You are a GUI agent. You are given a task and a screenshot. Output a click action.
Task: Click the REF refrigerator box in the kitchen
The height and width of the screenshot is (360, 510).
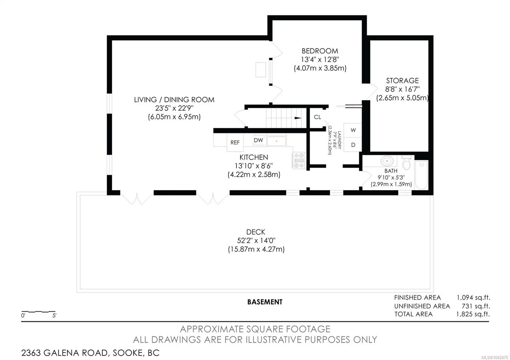[235, 142]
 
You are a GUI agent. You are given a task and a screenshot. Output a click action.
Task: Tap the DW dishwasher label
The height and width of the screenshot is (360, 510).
[258, 140]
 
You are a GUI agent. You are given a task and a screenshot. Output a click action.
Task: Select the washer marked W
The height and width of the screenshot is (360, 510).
[353, 130]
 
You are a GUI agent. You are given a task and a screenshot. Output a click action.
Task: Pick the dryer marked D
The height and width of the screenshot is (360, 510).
[353, 145]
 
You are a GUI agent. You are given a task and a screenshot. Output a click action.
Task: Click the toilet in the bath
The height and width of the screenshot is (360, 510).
[406, 162]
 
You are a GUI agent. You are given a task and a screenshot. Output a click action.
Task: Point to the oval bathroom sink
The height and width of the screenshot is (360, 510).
[387, 161]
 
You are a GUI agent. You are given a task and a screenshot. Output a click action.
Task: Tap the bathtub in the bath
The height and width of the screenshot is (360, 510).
[421, 175]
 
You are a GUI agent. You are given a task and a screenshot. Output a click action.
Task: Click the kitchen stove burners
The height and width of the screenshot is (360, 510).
[299, 161]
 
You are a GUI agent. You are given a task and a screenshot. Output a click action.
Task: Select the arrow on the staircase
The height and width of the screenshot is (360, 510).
[298, 118]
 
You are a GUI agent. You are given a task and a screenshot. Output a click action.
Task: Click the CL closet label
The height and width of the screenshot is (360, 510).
[317, 117]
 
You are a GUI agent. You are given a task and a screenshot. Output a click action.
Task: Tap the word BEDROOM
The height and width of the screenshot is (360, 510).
[320, 51]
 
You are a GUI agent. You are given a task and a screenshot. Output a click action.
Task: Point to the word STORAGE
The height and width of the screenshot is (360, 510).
[402, 81]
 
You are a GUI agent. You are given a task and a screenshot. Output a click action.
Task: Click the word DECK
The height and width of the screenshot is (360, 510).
[256, 232]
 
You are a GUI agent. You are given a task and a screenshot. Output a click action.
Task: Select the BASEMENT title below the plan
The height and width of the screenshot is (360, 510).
[265, 302]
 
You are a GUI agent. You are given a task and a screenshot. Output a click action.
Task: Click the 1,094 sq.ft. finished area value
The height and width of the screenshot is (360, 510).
[473, 298]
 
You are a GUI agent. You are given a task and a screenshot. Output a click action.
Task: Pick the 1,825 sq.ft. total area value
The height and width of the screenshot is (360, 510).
[473, 314]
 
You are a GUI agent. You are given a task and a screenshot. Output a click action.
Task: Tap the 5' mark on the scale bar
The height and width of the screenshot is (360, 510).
[54, 315]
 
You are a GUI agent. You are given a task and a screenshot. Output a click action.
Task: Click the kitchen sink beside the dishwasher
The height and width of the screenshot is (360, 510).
[276, 141]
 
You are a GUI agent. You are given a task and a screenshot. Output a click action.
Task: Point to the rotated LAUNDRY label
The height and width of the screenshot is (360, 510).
[339, 140]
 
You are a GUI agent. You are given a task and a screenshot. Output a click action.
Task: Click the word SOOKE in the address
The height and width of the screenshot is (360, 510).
[128, 353]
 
